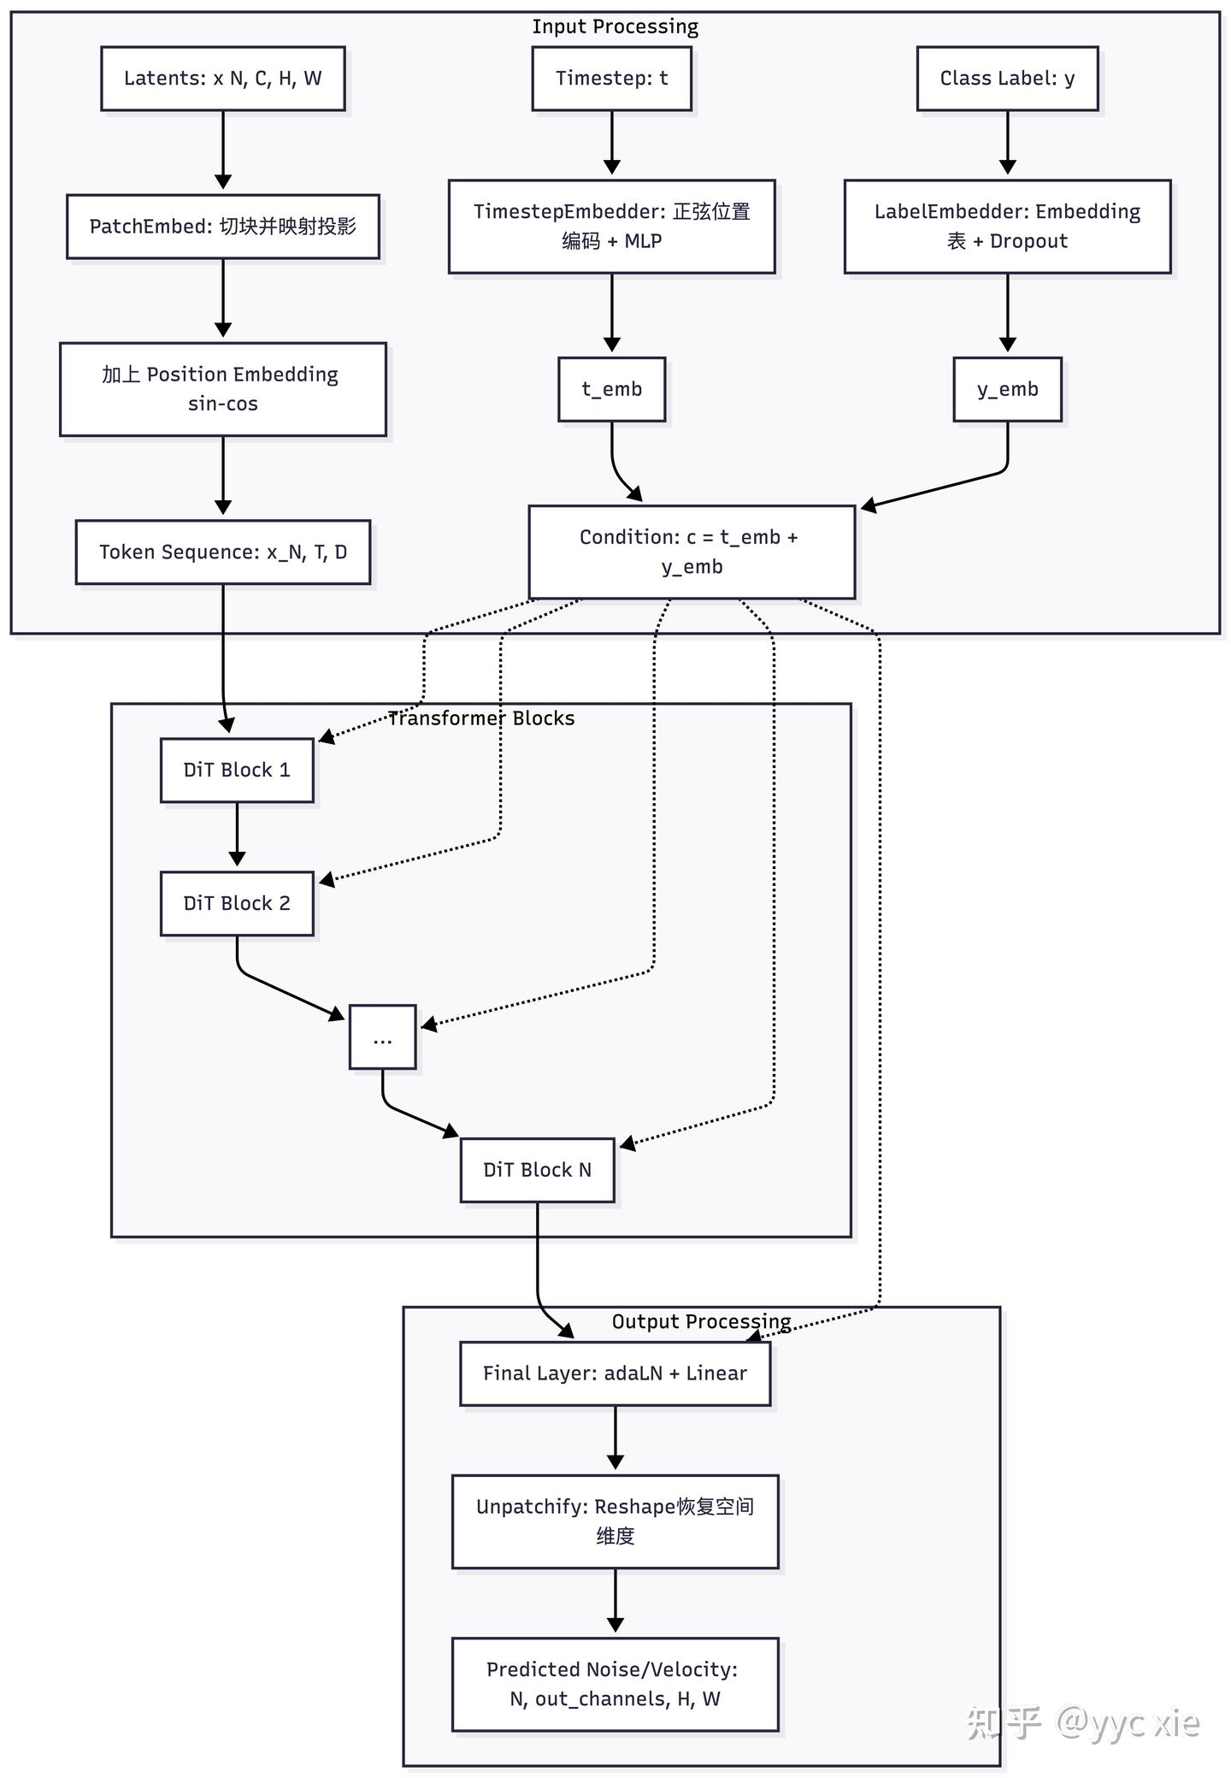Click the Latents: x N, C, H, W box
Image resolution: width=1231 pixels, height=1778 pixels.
tap(223, 79)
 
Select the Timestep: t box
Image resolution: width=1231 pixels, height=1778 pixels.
tap(612, 79)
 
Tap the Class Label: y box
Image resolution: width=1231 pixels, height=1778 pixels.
tap(1008, 79)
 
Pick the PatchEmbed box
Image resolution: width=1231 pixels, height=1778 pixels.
tap(223, 227)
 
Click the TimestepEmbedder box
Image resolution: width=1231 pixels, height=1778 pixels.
tap(612, 227)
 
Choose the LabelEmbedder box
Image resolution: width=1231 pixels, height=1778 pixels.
tap(1008, 227)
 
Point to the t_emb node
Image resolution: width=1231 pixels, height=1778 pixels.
tap(612, 389)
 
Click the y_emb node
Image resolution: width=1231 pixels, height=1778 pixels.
tap(1008, 389)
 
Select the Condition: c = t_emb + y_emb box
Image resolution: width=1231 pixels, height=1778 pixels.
tap(692, 552)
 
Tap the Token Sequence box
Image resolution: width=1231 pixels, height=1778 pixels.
tap(223, 552)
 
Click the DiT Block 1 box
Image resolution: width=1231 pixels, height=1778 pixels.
tap(237, 771)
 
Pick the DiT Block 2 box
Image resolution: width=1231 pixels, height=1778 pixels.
tap(237, 904)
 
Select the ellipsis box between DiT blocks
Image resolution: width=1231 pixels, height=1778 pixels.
tap(383, 1037)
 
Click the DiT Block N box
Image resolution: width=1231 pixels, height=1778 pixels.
tap(538, 1170)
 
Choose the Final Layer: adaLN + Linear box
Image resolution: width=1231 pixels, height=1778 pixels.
tap(615, 1373)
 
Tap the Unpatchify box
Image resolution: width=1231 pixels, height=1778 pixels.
tap(615, 1521)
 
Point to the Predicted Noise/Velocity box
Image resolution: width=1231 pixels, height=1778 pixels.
tap(615, 1684)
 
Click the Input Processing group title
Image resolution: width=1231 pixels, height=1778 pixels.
tap(615, 27)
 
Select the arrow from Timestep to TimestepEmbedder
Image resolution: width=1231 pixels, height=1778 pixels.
tap(612, 143)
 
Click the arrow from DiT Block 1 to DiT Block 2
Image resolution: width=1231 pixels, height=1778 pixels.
tap(237, 835)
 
